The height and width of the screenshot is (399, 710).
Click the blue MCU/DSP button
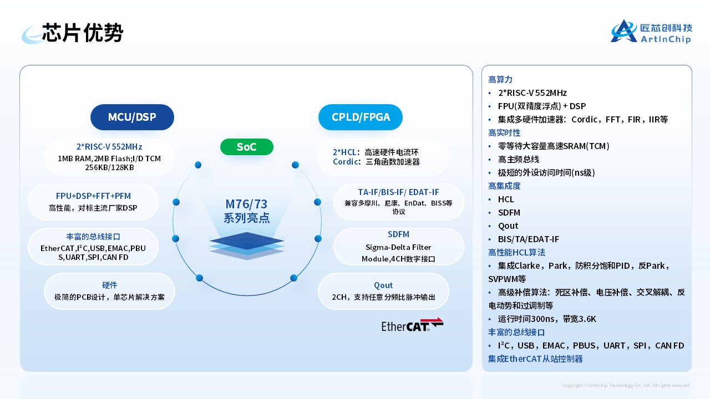132,117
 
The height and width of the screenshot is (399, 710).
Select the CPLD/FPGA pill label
361,117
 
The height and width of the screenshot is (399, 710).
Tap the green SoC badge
247,147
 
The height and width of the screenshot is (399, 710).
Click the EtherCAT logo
412,325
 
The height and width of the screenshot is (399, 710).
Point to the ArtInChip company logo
651,32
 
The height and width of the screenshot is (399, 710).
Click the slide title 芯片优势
83,33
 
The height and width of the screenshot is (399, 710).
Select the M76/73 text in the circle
247,204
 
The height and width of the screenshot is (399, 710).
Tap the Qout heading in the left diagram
383,285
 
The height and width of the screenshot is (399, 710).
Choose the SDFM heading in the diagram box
398,234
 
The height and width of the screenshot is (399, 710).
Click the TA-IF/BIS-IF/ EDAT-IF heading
398,192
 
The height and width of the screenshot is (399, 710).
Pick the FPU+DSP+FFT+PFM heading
93,196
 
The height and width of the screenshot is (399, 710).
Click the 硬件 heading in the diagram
110,285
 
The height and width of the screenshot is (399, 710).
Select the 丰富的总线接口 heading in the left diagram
93,236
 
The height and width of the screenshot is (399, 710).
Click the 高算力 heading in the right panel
500,79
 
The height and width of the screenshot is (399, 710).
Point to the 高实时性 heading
504,132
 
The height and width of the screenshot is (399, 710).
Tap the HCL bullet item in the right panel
506,199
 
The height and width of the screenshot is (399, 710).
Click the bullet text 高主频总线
518,159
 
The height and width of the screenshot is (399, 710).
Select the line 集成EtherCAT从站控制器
535,359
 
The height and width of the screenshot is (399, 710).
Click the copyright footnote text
626,385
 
